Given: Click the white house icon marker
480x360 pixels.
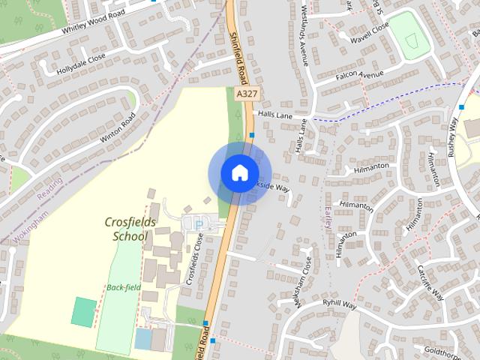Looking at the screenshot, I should [x=239, y=172].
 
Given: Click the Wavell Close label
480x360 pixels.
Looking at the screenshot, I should [x=368, y=33].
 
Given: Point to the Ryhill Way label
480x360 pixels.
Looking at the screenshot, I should [x=338, y=304].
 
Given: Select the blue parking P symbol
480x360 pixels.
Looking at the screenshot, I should [x=199, y=223].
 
